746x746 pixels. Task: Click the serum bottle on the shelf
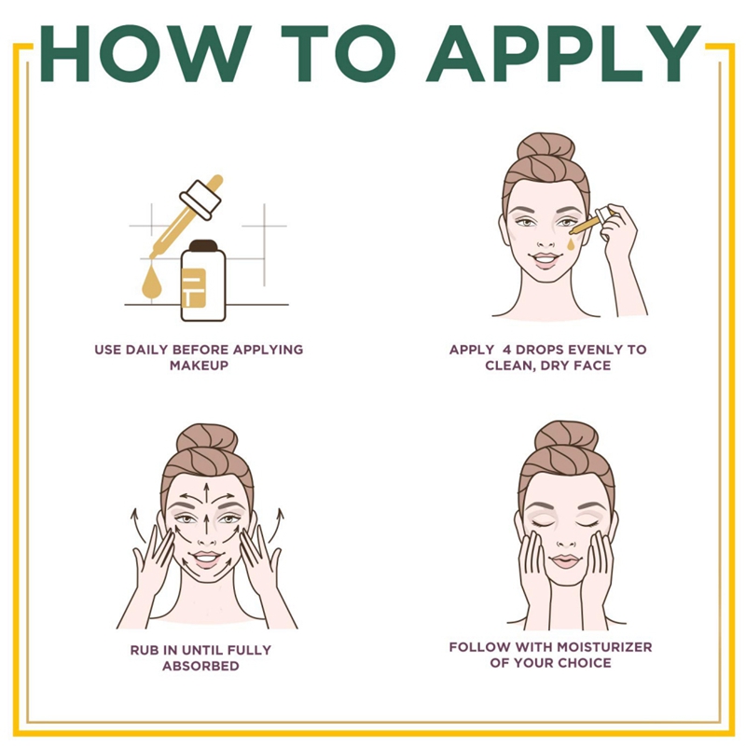pos(203,280)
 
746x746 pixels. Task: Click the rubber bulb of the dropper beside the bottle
pos(211,184)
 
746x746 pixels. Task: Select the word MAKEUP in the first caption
pos(199,366)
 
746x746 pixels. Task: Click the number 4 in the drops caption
pos(494,350)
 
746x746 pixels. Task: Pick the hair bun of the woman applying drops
pos(546,146)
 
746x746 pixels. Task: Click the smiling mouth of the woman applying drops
pos(546,260)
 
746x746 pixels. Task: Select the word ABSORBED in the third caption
pos(200,666)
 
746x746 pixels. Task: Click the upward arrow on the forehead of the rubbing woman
pos(207,491)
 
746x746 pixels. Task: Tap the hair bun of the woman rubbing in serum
pos(207,437)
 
